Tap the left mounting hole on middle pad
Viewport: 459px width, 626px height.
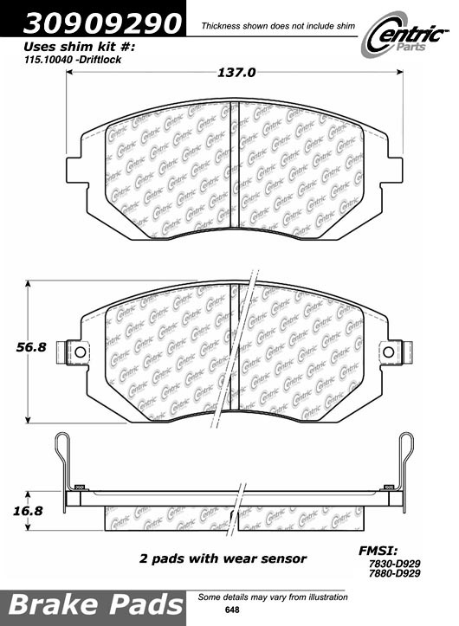coord(79,352)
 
